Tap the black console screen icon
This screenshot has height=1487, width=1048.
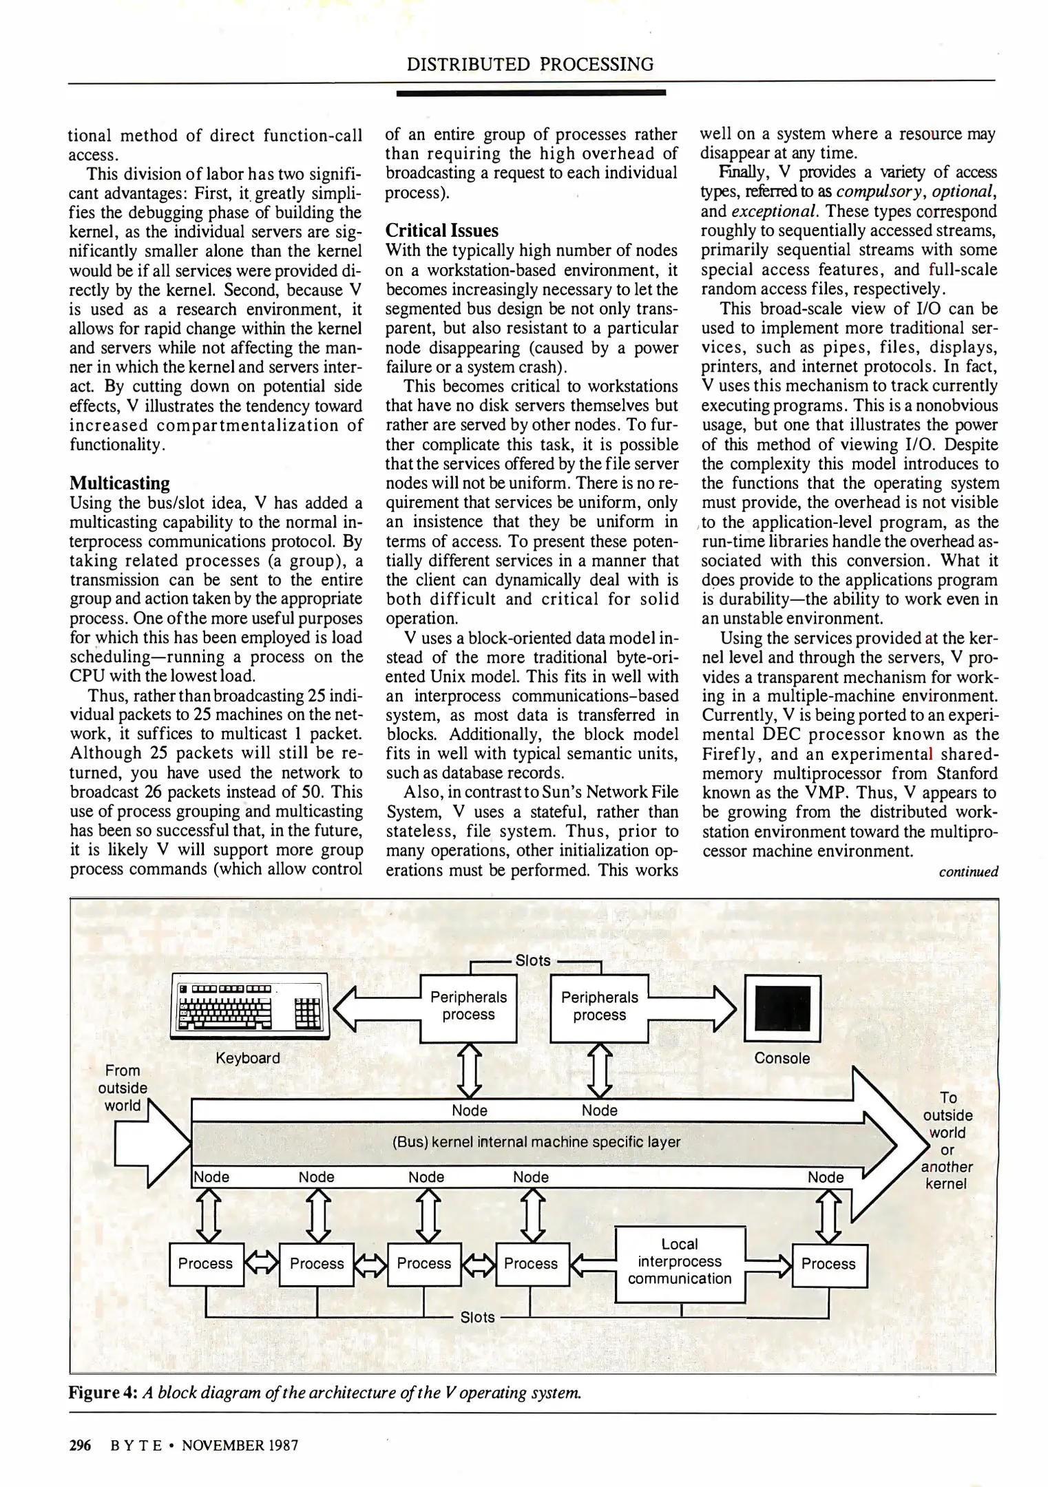[x=782, y=1010]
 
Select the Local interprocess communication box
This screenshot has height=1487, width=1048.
[x=680, y=1261]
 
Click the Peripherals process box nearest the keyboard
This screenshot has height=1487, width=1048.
[x=468, y=1006]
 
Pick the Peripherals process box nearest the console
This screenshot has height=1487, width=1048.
[x=599, y=1006]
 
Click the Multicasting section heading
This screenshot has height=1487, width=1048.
[x=120, y=483]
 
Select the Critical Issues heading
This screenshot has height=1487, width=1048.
[x=442, y=230]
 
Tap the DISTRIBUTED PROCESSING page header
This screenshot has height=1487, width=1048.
[x=530, y=65]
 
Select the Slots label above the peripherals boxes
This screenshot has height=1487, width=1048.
[x=533, y=960]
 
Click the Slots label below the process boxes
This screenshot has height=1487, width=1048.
[x=477, y=1317]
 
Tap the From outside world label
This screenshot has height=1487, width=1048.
[x=123, y=1088]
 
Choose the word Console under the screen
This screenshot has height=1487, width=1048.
[x=782, y=1058]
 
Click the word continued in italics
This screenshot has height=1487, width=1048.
[x=968, y=872]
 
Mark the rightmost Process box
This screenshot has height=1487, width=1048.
[x=828, y=1264]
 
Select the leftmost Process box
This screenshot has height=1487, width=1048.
[x=205, y=1264]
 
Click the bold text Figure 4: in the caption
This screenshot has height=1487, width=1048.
[x=103, y=1393]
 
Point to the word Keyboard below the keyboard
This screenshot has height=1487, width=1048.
[x=248, y=1058]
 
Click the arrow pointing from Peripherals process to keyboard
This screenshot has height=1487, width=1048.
[x=375, y=1008]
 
